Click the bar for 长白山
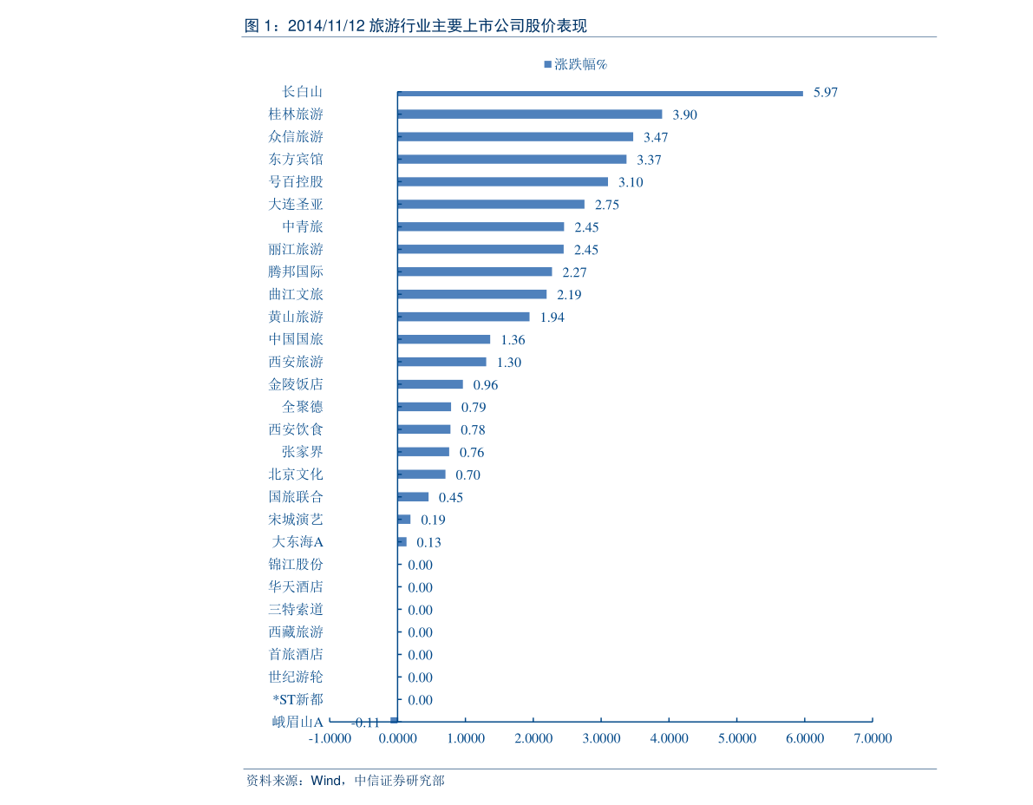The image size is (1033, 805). (600, 94)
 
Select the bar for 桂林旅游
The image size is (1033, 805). (530, 115)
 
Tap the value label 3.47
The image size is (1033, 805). (656, 138)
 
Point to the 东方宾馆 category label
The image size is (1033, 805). (296, 160)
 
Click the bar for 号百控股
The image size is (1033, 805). (503, 182)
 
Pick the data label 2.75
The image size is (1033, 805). (607, 205)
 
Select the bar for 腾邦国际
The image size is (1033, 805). (475, 272)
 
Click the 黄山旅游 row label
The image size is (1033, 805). (296, 317)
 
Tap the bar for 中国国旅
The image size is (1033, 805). (444, 339)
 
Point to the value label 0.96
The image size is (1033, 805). (486, 385)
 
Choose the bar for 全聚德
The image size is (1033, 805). (424, 407)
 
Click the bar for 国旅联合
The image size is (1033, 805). (413, 497)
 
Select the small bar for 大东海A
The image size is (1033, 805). (402, 542)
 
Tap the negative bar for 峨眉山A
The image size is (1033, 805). (394, 721)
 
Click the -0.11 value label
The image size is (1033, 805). (366, 723)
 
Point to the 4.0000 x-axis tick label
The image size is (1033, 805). (670, 738)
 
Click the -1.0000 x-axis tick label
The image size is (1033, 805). (330, 738)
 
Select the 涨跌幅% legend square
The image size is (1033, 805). (547, 64)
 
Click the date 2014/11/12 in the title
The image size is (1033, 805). (326, 26)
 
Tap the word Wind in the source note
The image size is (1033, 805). (325, 781)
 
